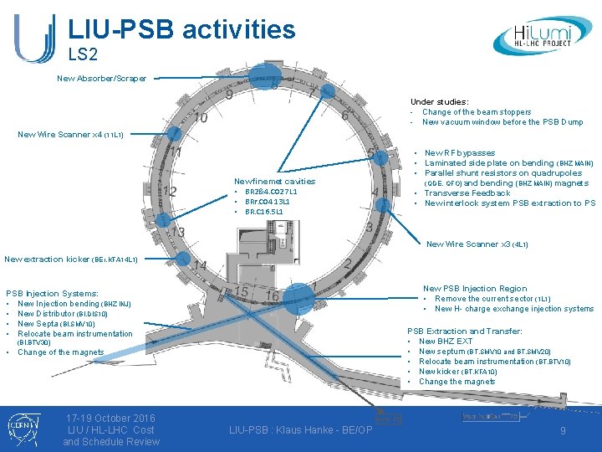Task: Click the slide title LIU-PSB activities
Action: pyautogui.click(x=181, y=29)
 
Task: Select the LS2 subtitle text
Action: pyautogui.click(x=83, y=55)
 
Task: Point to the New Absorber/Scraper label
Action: pyautogui.click(x=101, y=79)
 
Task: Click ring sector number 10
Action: pyautogui.click(x=201, y=121)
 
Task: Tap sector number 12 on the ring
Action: pyautogui.click(x=170, y=192)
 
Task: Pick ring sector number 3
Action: pyautogui.click(x=369, y=227)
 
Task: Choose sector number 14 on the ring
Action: pyautogui.click(x=200, y=266)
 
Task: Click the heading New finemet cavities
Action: pyautogui.click(x=274, y=181)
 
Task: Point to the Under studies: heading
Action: pyautogui.click(x=439, y=102)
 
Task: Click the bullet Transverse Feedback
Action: pyautogui.click(x=467, y=193)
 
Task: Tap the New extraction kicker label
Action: pyautogui.click(x=71, y=259)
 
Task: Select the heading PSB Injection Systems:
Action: pyautogui.click(x=52, y=294)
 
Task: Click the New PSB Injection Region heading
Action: pyautogui.click(x=475, y=289)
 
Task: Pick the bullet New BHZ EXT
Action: pyautogui.click(x=445, y=342)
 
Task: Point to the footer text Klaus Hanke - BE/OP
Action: pyautogui.click(x=300, y=429)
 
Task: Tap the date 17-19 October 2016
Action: pyautogui.click(x=110, y=418)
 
